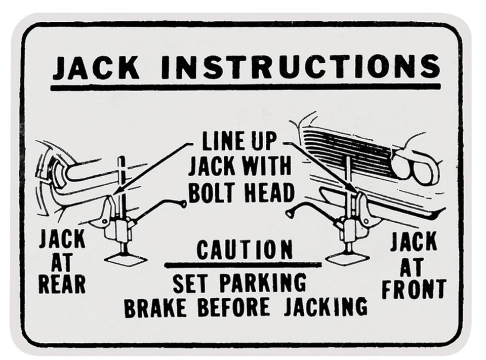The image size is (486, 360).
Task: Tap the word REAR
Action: [x=62, y=285]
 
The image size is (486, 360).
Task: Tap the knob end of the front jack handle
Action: [x=289, y=213]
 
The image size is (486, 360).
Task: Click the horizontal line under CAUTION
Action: [x=243, y=264]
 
